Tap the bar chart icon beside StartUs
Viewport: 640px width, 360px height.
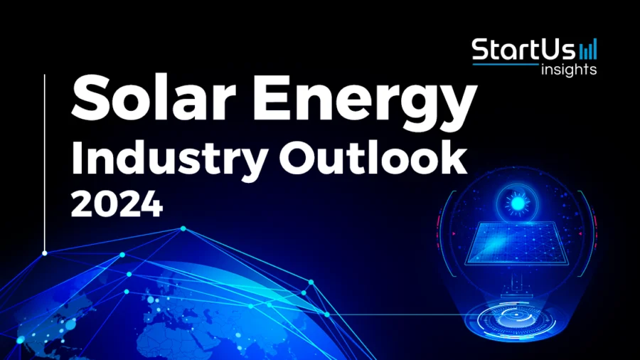pos(589,50)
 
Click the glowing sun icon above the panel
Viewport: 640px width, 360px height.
pos(518,203)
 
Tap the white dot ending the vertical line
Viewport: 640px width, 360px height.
pos(45,253)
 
